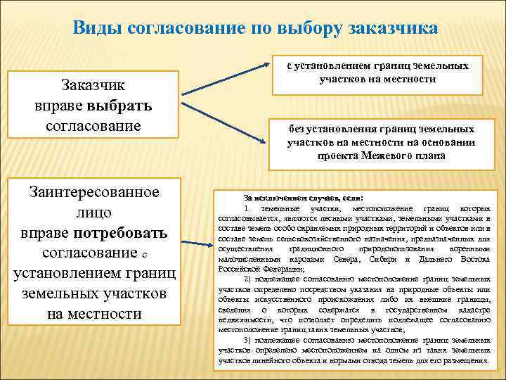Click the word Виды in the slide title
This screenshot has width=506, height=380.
click(96, 28)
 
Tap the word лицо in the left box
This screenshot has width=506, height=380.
click(93, 213)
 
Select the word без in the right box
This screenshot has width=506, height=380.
click(297, 129)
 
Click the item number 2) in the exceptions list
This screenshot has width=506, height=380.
click(248, 279)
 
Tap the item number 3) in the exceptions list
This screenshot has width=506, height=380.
click(248, 340)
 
